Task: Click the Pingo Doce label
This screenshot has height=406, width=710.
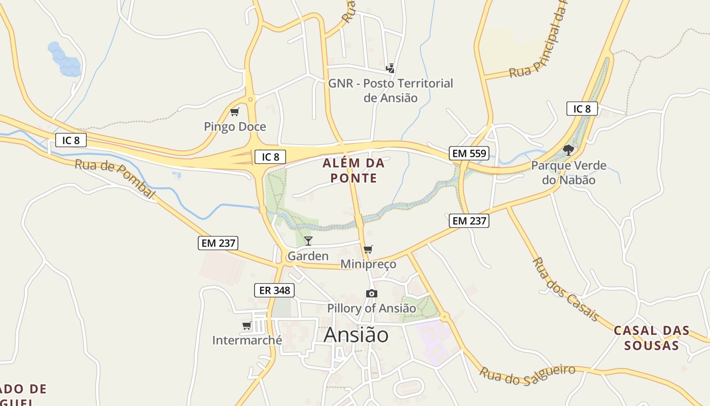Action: [235, 126]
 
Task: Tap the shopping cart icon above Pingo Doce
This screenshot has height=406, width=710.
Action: [234, 112]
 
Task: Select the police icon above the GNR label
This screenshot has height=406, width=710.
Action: [390, 68]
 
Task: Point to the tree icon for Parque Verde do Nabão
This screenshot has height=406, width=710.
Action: [569, 150]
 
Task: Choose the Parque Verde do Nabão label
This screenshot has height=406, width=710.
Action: [569, 173]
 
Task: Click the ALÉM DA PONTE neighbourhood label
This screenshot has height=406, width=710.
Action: [354, 171]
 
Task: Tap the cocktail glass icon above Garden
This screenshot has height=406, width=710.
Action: [308, 241]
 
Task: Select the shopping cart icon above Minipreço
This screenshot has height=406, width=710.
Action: [368, 249]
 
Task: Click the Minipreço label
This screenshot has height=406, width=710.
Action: [368, 264]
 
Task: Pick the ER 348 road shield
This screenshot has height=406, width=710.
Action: [274, 290]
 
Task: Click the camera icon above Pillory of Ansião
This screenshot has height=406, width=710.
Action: [372, 293]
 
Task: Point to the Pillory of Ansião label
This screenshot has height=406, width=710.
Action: [371, 308]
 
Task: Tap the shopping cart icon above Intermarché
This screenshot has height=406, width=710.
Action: [247, 325]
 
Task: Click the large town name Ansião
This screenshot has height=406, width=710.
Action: [356, 335]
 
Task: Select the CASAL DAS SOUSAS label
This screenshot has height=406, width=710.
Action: [652, 338]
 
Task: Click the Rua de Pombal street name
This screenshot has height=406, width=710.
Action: [115, 179]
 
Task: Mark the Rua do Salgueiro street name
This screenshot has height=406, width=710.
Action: [527, 373]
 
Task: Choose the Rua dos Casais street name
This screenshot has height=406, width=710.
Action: [565, 289]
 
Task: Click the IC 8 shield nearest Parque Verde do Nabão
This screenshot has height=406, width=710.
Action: [582, 109]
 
